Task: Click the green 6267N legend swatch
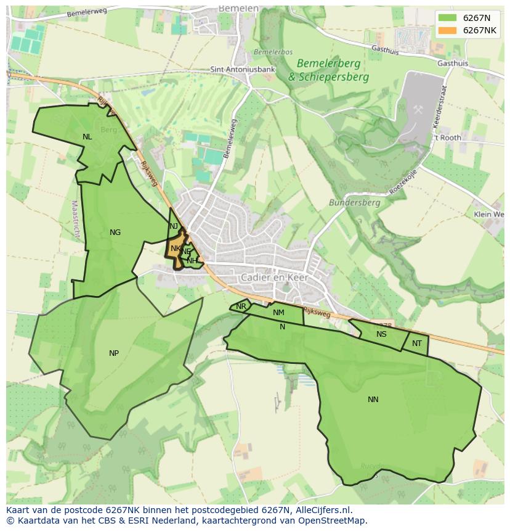tap(448, 18)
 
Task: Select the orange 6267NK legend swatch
tap(448, 30)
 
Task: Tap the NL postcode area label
tap(87, 137)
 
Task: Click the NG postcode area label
tap(115, 233)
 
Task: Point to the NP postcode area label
tap(114, 353)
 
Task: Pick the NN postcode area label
tap(373, 400)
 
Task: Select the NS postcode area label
tap(381, 334)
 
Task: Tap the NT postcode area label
tap(417, 344)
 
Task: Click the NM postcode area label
tap(278, 313)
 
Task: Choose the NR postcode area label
tap(241, 307)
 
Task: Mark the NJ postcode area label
tap(174, 226)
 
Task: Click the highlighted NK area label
tap(176, 249)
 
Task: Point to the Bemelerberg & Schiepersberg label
tap(328, 70)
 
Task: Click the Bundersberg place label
tap(354, 202)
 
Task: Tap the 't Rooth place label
tap(447, 138)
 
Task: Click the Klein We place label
tap(488, 214)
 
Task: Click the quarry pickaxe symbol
tap(418, 109)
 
